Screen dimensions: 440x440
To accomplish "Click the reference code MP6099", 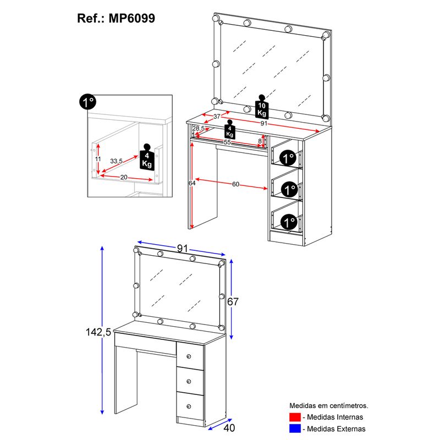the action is coord(131,19).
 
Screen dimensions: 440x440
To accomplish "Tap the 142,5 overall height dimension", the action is coord(98,332).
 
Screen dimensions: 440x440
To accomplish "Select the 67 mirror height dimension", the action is coord(233,301).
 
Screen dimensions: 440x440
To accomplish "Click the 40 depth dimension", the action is coord(229,428).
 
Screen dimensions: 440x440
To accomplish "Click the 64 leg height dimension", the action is coord(192,183).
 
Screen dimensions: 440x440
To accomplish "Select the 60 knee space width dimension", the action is coord(235,184).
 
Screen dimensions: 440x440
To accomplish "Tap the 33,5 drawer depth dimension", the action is coord(116,161).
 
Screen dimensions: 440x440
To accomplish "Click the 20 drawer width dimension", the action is coord(124,177).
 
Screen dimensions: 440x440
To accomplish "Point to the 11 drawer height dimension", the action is coord(98,159).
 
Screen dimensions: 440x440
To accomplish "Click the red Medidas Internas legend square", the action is coord(295,417).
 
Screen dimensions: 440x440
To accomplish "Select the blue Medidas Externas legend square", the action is coord(295,428).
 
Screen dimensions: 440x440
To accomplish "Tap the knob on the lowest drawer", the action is coord(189,406).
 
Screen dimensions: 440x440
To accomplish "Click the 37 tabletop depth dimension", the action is coord(217,116).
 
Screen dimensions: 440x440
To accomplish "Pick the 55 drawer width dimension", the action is coord(227,142).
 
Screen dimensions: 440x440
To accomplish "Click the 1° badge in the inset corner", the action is coord(87,102).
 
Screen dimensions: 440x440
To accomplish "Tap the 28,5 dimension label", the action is coord(199,129).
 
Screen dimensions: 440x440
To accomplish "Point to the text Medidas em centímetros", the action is coord(328,405).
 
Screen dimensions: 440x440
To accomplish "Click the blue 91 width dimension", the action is coord(183,249).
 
